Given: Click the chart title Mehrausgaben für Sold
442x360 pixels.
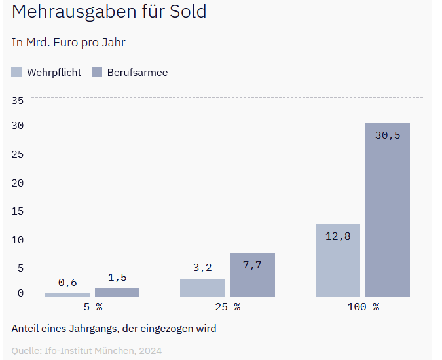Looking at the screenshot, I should [109, 12].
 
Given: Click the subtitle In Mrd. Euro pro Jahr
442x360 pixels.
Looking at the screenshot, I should [68, 43].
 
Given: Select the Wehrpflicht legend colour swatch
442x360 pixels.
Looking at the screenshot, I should [17, 72].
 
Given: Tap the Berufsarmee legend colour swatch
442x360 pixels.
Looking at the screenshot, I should [97, 72].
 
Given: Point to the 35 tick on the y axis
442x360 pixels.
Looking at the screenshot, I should [18, 100].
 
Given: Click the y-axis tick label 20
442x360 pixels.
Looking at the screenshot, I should [18, 183].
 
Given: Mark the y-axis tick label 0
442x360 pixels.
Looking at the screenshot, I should [20, 293].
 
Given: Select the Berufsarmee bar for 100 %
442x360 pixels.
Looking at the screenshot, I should [388, 209].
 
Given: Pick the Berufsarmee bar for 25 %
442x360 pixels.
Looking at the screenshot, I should [252, 275].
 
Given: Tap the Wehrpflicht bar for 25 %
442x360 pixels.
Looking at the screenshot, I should [202, 288].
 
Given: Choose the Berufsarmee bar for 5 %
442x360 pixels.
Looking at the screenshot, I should [117, 293].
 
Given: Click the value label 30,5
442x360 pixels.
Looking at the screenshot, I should [388, 135].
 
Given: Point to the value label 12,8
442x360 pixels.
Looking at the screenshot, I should [338, 236].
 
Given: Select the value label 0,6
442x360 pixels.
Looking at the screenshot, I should [67, 283].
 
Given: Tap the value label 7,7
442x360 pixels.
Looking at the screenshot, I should [252, 265].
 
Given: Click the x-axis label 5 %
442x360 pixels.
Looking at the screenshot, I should [92, 306].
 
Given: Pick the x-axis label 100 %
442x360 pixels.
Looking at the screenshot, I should [363, 306].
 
